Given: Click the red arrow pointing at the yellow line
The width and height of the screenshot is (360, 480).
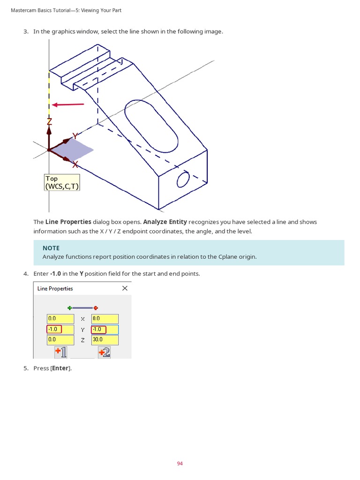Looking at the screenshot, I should pyautogui.click(x=68, y=105).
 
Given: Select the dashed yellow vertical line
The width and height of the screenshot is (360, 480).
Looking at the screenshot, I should pyautogui.click(x=49, y=94).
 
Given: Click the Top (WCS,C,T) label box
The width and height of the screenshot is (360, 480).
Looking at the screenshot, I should pyautogui.click(x=62, y=182).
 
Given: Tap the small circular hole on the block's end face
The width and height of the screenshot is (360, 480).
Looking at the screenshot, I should pyautogui.click(x=183, y=179).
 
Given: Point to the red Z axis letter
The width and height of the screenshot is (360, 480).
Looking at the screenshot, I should pyautogui.click(x=49, y=122).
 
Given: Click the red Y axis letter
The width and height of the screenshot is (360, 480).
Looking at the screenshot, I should pyautogui.click(x=75, y=136).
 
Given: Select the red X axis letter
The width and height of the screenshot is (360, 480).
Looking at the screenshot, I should pyautogui.click(x=75, y=165).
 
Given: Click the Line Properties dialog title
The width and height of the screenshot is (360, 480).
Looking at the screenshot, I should pyautogui.click(x=55, y=289).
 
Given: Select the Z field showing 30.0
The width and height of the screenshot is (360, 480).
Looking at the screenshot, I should pyautogui.click(x=105, y=339).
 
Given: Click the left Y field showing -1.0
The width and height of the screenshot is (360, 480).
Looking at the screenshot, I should pyautogui.click(x=60, y=329).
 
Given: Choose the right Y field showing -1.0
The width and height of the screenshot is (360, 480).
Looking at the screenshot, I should pyautogui.click(x=105, y=329).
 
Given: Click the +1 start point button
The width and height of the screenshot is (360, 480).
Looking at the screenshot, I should pyautogui.click(x=60, y=352).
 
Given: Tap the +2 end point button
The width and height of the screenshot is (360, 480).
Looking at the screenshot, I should pyautogui.click(x=105, y=352).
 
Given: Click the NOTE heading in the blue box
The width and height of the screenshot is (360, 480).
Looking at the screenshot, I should pyautogui.click(x=51, y=248).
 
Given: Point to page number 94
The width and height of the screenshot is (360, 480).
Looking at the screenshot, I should pyautogui.click(x=180, y=464).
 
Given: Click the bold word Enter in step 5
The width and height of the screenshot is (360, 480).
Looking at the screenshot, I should pyautogui.click(x=60, y=368).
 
